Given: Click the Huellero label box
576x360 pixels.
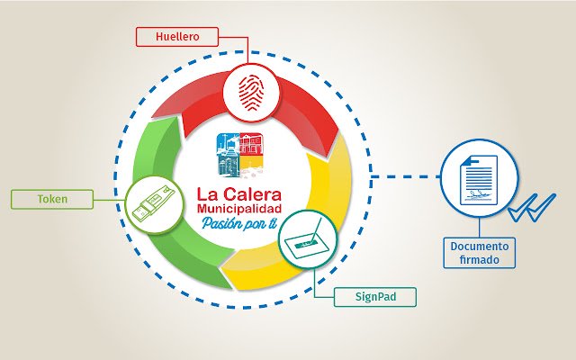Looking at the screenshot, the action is point(177,37).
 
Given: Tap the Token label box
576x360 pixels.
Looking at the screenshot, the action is point(52,199).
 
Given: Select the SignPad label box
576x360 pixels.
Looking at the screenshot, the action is point(375,297).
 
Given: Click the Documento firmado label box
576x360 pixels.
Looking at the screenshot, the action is point(480,253).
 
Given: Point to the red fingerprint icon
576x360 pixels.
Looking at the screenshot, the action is point(251,93).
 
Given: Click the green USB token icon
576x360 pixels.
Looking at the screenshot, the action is point(153,203).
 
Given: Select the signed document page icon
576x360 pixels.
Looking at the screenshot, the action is point(479,180).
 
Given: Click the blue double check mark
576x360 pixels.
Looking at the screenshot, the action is point(532,208).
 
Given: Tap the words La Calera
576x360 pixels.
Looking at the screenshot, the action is point(239,194).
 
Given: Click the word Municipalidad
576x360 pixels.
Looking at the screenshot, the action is point(239,209).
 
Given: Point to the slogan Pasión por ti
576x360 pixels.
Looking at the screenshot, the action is point(239,223).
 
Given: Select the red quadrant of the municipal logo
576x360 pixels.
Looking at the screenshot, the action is point(252,144).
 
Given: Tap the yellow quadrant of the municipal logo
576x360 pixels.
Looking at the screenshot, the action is point(252,166).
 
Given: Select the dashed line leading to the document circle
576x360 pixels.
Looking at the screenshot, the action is point(406,176).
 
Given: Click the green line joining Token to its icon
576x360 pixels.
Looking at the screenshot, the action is point(110,200).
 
